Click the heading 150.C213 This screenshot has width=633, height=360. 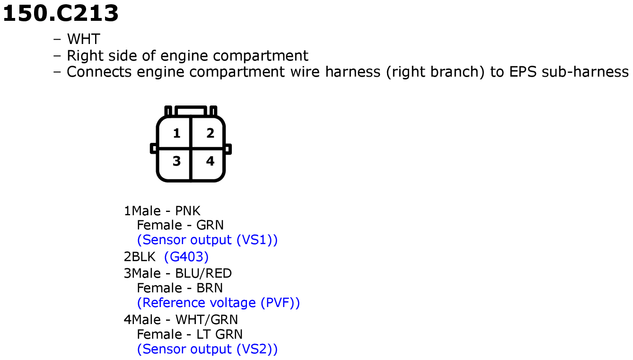(61, 13)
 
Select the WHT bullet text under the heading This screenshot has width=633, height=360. (83, 39)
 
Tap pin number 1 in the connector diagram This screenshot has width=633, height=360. (176, 133)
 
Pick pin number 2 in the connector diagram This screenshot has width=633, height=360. (210, 133)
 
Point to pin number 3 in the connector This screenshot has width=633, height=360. (176, 161)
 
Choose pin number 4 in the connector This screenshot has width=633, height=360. (210, 161)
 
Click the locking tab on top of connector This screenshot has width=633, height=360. (191, 111)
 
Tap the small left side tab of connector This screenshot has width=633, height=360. (153, 149)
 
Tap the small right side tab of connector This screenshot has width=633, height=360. (228, 149)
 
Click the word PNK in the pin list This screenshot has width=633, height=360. (188, 211)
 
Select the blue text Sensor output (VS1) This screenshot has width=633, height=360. (207, 240)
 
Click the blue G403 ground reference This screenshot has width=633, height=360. (186, 256)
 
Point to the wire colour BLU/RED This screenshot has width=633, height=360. (203, 273)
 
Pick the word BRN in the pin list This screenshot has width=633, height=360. (210, 288)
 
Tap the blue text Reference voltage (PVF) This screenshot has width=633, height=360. (218, 303)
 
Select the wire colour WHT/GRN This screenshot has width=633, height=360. (207, 320)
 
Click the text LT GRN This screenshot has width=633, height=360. (220, 334)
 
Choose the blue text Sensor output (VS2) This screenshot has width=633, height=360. (207, 349)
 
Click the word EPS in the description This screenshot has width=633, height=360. (522, 72)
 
